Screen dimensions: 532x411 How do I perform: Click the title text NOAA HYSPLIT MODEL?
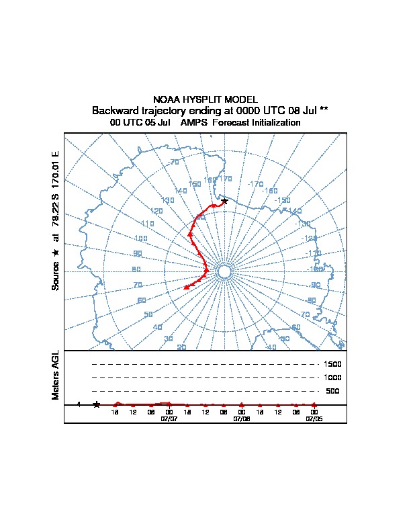205,99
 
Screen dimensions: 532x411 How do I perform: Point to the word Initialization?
271,123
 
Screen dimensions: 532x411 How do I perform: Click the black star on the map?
224,201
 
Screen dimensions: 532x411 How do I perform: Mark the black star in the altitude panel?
97,404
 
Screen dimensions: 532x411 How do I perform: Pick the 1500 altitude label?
332,364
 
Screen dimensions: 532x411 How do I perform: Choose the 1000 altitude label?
332,378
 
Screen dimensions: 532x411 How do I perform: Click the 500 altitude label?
332,391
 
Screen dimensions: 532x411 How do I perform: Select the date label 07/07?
169,418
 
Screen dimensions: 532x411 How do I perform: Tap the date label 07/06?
242,418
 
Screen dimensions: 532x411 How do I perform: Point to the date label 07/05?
314,418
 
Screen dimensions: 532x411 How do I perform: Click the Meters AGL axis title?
56,375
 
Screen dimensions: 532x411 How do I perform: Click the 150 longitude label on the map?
195,184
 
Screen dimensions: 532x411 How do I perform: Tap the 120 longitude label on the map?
156,211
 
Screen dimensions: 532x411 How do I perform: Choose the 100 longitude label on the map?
140,238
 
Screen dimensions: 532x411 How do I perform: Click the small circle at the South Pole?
225,271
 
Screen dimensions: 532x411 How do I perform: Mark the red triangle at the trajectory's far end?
187,287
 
